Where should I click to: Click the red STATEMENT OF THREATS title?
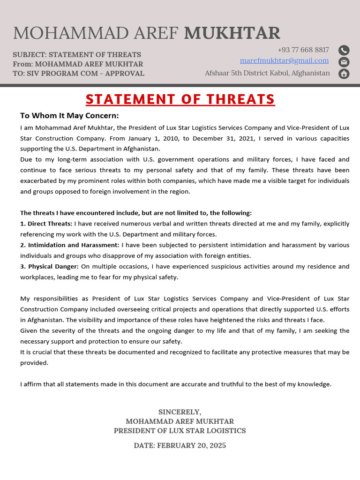180,99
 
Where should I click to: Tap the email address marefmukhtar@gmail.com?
284,60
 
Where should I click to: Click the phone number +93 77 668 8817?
303,50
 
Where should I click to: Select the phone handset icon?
344,50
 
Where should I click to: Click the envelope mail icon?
344,62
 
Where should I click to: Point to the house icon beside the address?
344,74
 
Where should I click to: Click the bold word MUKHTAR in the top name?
232,33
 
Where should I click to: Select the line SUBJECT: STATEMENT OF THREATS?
77,54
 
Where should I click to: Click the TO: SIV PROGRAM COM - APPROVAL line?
78,73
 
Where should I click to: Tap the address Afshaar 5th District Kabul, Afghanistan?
267,73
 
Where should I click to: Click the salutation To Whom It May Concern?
69,115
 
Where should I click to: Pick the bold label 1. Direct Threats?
46,224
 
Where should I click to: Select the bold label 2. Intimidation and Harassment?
70,245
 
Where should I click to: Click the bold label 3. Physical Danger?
49,266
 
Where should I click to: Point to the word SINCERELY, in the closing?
180,412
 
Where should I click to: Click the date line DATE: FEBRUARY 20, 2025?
180,445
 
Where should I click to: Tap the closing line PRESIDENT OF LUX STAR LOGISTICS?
180,430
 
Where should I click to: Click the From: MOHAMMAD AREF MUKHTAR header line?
78,64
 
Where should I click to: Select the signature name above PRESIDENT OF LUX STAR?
180,421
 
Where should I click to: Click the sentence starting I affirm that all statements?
176,384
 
